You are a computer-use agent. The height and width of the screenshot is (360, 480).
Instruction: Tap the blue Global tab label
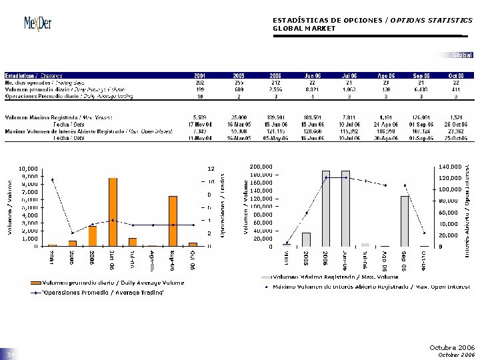[x=462, y=55]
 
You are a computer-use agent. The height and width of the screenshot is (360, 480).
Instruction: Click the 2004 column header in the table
[x=200, y=75]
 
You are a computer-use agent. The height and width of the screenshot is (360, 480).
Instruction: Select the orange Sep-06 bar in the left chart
[x=173, y=221]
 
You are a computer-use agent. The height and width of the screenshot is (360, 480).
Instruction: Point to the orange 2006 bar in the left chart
[x=93, y=236]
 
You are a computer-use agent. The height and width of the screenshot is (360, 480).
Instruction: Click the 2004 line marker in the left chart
[x=53, y=179]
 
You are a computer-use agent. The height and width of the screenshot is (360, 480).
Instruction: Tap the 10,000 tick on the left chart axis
[x=29, y=168]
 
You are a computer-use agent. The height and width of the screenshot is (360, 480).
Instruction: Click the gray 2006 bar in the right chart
[x=326, y=209]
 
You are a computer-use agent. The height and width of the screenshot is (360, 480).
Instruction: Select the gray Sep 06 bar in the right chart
[x=405, y=221]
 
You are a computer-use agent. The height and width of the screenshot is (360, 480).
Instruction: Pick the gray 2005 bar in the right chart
[x=306, y=239]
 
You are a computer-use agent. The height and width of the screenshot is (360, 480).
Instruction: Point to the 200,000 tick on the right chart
[x=261, y=167]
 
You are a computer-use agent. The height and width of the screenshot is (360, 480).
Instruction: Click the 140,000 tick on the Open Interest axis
[x=450, y=167]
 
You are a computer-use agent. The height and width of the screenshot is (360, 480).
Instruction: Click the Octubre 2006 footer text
[x=453, y=347]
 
